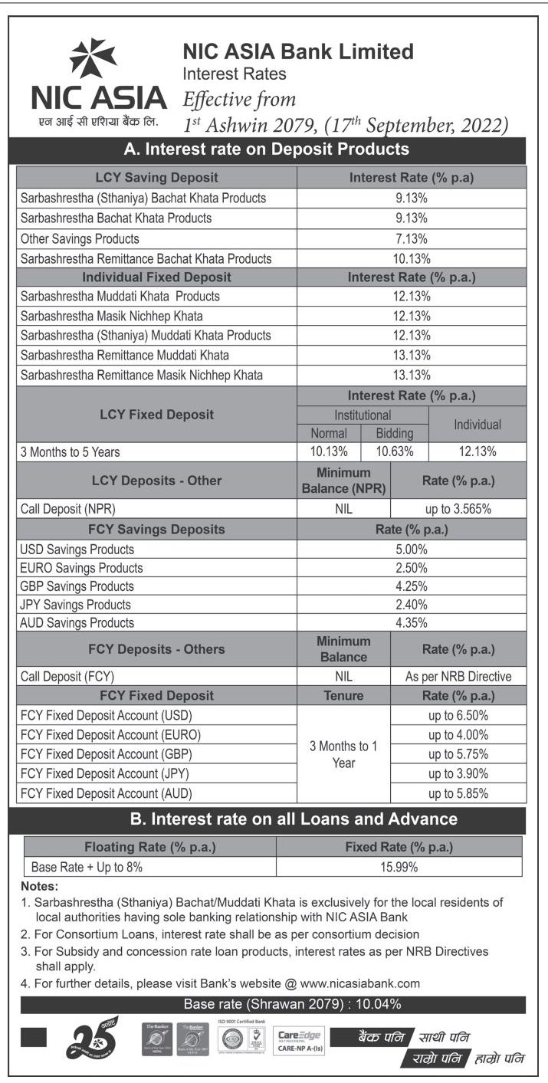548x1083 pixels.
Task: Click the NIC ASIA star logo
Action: [93, 59]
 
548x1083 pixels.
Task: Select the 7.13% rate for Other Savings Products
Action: [412, 238]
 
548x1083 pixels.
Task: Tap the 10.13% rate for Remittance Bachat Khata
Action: [412, 258]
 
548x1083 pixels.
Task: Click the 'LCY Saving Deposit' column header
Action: [156, 178]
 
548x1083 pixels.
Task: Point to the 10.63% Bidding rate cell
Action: [395, 451]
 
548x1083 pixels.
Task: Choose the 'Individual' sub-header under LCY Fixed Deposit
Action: [477, 424]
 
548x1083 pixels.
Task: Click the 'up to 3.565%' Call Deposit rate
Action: [458, 507]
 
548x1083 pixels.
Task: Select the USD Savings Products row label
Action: [77, 550]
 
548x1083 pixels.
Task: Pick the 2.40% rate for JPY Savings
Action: [412, 605]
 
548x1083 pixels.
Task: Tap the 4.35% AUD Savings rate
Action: [412, 623]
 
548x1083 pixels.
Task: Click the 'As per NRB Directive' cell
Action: [458, 677]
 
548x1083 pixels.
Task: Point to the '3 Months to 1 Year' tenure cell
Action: [343, 754]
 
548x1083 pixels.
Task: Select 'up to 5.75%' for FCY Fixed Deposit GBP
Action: [458, 754]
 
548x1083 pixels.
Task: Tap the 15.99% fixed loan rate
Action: [398, 868]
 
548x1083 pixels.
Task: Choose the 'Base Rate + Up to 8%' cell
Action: [87, 868]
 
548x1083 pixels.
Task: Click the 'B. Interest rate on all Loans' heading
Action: [294, 819]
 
